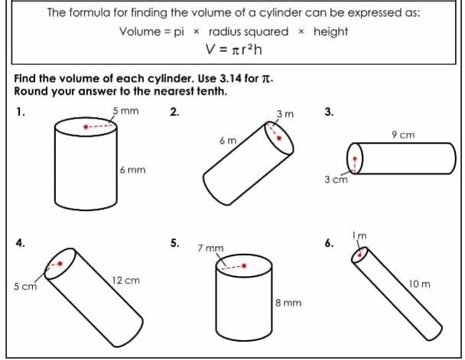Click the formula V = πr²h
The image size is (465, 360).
pyautogui.click(x=233, y=50)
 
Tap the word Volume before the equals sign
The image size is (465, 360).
pyautogui.click(x=139, y=31)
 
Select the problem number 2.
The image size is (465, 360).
pyautogui.click(x=174, y=112)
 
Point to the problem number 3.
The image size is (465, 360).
pyautogui.click(x=329, y=112)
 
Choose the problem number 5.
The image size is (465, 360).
pyautogui.click(x=174, y=244)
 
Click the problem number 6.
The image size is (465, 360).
pyautogui.click(x=329, y=244)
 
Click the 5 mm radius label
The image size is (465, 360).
pyautogui.click(x=125, y=111)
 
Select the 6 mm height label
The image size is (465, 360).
pyautogui.click(x=132, y=169)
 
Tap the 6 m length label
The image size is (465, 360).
pyautogui.click(x=226, y=141)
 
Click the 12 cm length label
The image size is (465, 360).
pyautogui.click(x=125, y=281)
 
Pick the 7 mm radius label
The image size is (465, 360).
pyautogui.click(x=210, y=248)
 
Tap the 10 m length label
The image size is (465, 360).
pyautogui.click(x=420, y=284)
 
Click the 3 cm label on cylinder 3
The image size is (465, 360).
pyautogui.click(x=336, y=180)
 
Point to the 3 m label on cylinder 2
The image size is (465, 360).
pyautogui.click(x=285, y=115)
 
